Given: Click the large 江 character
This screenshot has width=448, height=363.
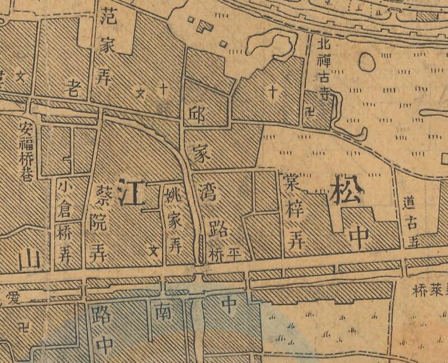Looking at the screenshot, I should pos(133,192).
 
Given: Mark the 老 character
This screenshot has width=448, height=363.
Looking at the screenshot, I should pos(73,86).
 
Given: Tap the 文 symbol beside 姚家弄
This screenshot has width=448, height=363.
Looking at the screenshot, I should pos(151,251).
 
